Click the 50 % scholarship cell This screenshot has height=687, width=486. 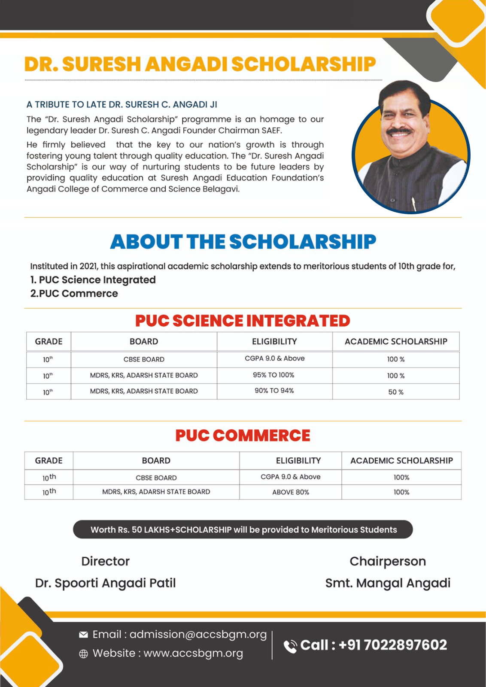395,392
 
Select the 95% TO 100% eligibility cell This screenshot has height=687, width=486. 273,375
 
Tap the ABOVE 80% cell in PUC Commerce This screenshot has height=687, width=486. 291,492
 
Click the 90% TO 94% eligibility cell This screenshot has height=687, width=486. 274,391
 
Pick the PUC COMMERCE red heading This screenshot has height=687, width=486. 243,435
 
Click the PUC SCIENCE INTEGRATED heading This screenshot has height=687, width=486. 243,321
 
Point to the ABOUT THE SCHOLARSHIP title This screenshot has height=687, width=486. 243,242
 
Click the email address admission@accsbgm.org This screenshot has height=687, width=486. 198,634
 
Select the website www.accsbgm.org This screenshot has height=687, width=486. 193,653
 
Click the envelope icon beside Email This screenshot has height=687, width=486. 84,635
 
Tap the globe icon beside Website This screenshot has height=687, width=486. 84,654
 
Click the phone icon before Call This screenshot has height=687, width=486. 290,646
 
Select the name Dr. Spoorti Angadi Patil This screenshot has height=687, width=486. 105,583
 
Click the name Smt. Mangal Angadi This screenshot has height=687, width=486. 388,583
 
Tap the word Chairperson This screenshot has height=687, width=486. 388,561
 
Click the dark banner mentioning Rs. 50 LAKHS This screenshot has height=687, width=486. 243,529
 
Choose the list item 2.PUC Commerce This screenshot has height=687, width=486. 74,294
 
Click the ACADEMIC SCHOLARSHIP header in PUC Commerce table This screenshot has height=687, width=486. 401,461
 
